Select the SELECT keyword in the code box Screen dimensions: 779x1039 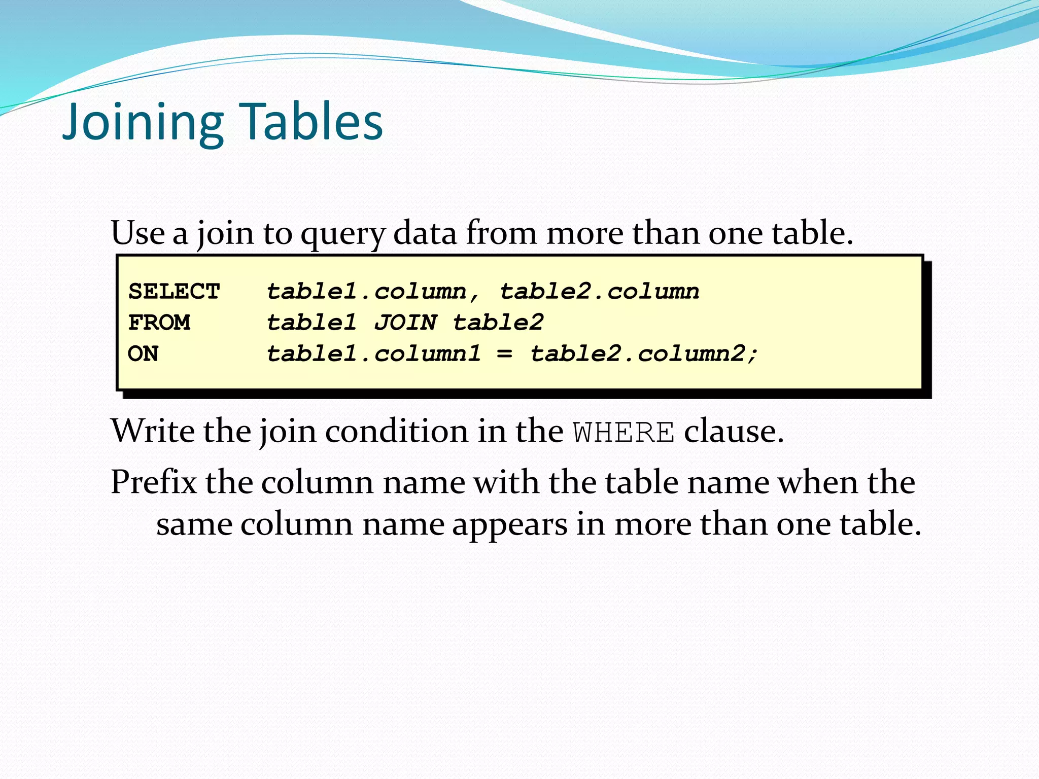[174, 292]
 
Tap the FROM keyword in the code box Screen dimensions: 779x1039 [159, 323]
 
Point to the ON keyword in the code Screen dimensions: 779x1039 [143, 353]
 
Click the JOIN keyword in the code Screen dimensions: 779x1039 [405, 323]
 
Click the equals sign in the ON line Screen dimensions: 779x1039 [504, 353]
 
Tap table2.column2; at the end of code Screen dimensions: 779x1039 [643, 353]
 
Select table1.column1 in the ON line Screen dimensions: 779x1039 [373, 353]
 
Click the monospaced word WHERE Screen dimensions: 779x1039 [624, 433]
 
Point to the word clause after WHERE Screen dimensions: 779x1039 [734, 432]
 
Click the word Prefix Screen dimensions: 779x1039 [154, 482]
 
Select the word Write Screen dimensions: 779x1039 [153, 432]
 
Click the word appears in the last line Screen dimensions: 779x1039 [509, 524]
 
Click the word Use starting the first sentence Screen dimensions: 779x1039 [137, 233]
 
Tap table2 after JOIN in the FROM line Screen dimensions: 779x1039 [498, 323]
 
